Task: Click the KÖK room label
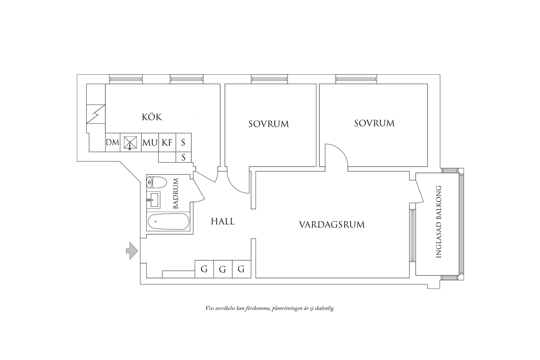(152, 117)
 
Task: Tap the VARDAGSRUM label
(332, 225)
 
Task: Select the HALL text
(223, 221)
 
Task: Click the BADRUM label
(176, 193)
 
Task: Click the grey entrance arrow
(132, 251)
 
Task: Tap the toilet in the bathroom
(157, 183)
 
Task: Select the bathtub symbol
(168, 222)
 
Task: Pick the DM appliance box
(113, 142)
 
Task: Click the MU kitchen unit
(150, 142)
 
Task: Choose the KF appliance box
(167, 142)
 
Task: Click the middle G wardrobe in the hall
(223, 269)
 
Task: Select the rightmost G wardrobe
(241, 269)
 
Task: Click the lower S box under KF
(183, 157)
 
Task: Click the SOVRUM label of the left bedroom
(268, 124)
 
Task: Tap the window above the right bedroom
(356, 79)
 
